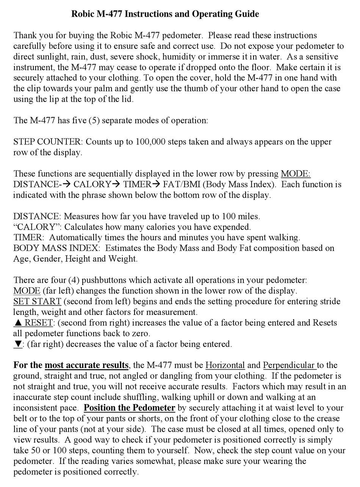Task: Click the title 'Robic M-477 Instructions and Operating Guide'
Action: click(165, 14)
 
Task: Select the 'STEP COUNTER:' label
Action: click(48, 142)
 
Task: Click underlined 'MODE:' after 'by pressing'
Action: click(296, 174)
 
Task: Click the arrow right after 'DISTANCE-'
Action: click(67, 185)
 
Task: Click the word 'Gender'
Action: click(48, 259)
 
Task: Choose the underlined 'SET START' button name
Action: click(37, 302)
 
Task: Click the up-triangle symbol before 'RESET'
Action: click(18, 323)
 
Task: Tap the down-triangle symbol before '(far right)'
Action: click(18, 344)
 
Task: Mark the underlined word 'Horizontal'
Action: click(225, 365)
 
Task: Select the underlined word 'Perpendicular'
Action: click(290, 365)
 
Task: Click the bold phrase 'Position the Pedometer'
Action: click(129, 408)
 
